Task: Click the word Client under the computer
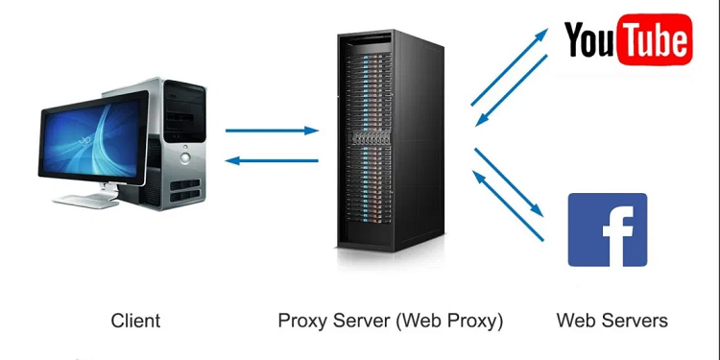click(135, 320)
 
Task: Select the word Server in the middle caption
click(358, 320)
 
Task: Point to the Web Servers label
click(612, 320)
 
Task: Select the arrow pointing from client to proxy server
click(272, 129)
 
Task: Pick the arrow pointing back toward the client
click(272, 161)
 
